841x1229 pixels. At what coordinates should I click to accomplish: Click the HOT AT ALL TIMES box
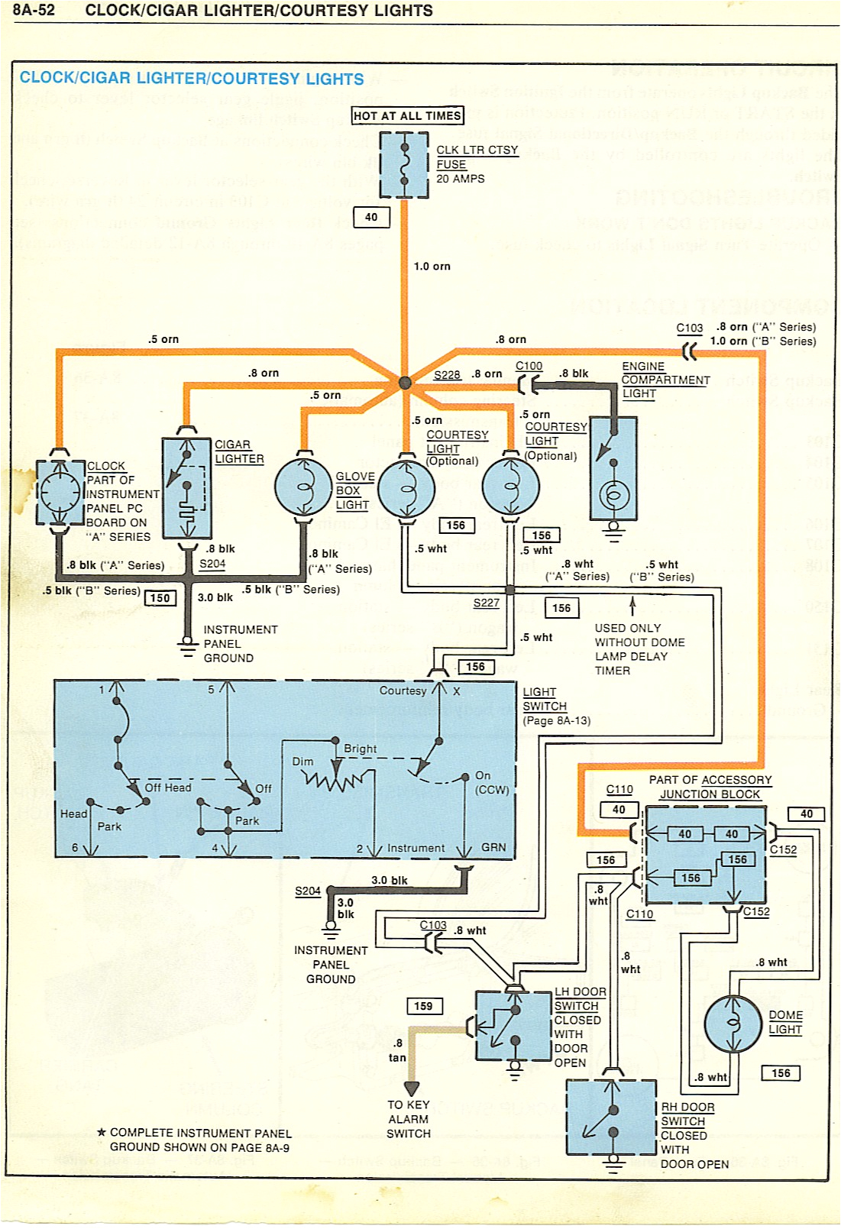[x=407, y=115]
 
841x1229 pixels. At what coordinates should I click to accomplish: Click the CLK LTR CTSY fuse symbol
[x=404, y=165]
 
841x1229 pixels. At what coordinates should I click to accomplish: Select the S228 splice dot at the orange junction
[x=405, y=383]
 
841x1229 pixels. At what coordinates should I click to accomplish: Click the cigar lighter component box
[x=186, y=488]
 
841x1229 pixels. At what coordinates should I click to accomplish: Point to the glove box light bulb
[x=303, y=487]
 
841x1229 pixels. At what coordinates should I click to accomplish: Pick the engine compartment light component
[x=613, y=468]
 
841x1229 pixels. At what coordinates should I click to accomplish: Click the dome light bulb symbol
[x=733, y=1024]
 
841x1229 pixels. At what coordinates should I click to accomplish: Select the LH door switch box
[x=513, y=1026]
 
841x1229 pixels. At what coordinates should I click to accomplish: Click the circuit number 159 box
[x=423, y=1006]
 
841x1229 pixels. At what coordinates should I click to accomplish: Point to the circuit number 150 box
[x=160, y=598]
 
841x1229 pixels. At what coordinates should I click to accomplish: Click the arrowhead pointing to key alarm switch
[x=412, y=1088]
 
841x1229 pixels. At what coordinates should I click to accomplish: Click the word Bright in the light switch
[x=360, y=749]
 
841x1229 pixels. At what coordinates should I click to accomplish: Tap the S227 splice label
[x=486, y=603]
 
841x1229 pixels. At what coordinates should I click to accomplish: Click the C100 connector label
[x=529, y=366]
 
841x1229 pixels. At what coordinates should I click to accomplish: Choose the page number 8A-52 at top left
[x=34, y=11]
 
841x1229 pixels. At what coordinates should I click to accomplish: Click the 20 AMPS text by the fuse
[x=460, y=179]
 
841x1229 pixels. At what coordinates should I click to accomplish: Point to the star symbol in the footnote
[x=101, y=1132]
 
